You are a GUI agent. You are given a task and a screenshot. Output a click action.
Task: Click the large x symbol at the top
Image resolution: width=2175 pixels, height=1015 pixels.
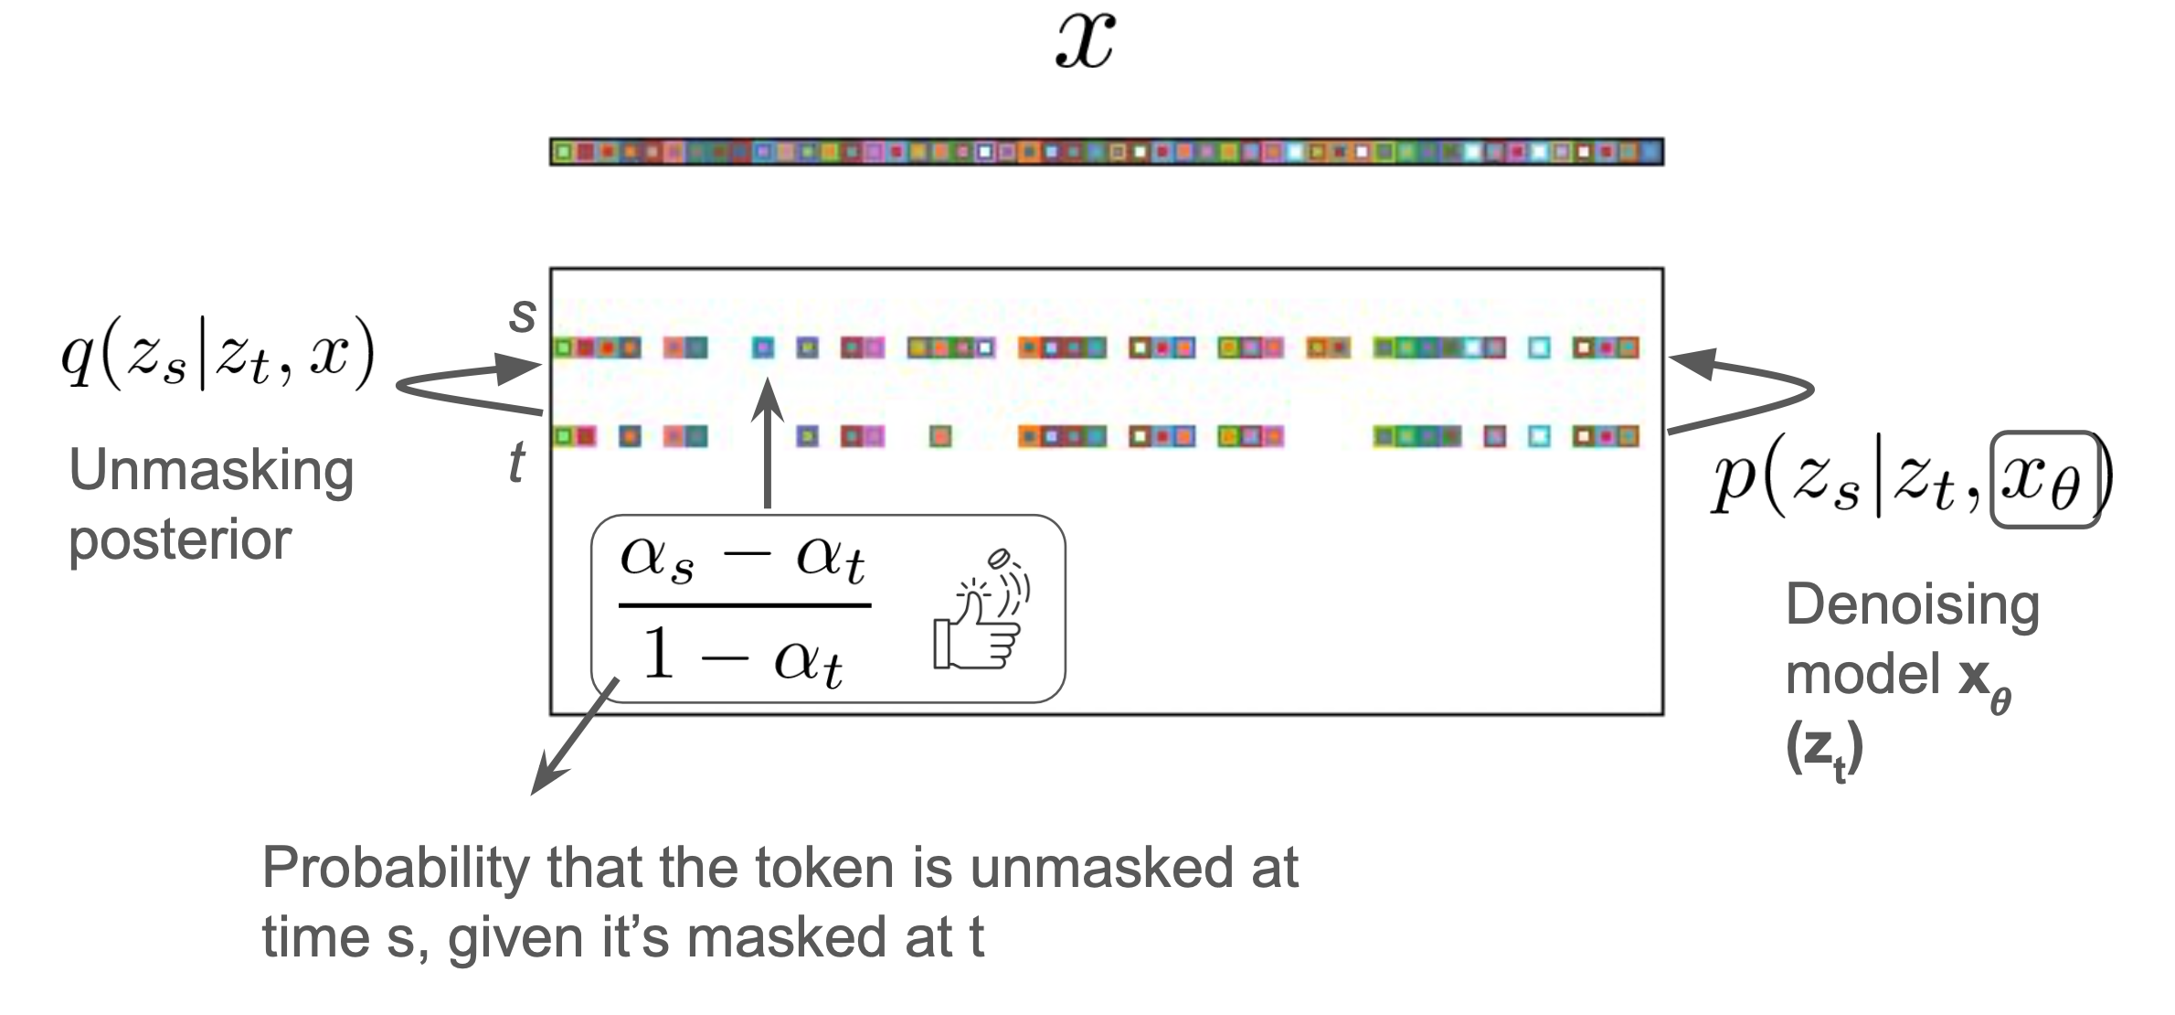1085,42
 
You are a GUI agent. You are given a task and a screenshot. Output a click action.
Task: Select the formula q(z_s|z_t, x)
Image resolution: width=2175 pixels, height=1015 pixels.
217,354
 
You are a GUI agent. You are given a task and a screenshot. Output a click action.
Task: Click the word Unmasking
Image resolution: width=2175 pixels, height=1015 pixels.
211,472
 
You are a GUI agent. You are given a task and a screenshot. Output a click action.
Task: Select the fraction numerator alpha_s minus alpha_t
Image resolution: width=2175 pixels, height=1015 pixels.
743,561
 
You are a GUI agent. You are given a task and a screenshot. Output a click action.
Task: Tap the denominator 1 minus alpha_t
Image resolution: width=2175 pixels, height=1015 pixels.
741,657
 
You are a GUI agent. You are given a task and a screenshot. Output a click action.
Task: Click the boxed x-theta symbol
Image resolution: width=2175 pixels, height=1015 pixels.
2043,480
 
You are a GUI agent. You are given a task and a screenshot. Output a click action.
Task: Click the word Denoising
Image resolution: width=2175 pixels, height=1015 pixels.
1912,606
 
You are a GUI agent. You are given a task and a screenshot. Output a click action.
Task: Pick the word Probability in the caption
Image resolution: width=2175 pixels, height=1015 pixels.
396,869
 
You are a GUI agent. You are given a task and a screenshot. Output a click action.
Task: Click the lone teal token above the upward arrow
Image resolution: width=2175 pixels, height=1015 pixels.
762,347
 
